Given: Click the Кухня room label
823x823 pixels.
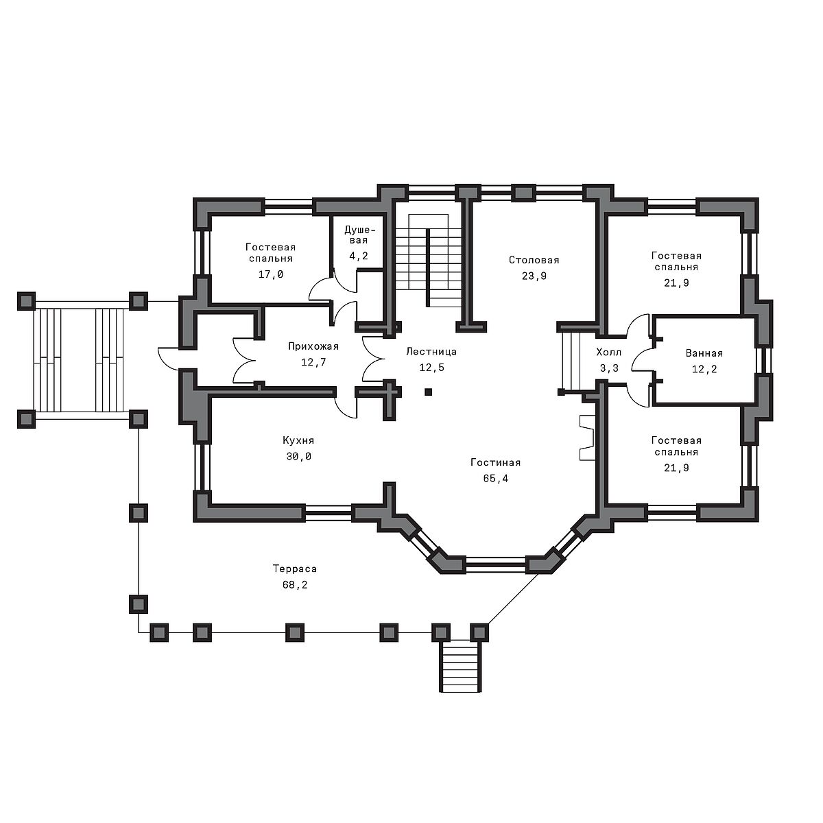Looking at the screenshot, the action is pos(298,441).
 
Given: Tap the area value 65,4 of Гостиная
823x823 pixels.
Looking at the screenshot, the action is pos(495,479).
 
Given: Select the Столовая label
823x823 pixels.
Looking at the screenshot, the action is pos(534,260).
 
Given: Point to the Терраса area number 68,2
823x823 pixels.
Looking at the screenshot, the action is pos(295,585).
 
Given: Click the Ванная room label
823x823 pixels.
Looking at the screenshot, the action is pos(704,353).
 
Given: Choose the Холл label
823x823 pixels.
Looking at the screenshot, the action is pos(608,353).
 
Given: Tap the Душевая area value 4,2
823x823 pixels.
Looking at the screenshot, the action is pos(358,257).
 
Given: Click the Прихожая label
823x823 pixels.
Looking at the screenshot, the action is pos(313,346).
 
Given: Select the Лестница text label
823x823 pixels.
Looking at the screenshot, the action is pos(431,352).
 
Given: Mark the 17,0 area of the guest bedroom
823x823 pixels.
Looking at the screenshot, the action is pos(270,274).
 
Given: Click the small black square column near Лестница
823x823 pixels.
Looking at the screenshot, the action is pos(428,392).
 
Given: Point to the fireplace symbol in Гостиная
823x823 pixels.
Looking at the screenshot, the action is pos(586,438).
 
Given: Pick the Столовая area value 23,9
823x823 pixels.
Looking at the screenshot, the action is pos(534,276).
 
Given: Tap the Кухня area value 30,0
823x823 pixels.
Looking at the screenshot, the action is pos(298,457).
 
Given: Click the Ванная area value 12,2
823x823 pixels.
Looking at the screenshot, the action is pos(704,369).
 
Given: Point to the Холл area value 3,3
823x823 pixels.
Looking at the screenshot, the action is pos(609,368).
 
